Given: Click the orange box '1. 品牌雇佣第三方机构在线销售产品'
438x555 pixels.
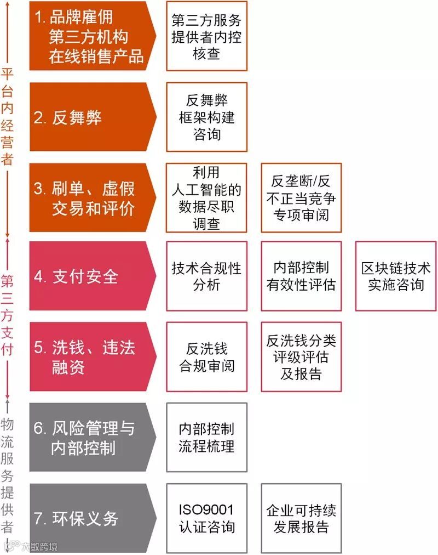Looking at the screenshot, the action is (x=90, y=36).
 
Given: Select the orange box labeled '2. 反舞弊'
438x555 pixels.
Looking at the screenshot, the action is (x=90, y=117).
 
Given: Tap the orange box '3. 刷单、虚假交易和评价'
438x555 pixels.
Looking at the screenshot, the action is (x=90, y=197).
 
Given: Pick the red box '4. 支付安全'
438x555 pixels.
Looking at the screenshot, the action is (x=90, y=276).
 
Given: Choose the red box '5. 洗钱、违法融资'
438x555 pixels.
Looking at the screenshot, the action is (x=90, y=356).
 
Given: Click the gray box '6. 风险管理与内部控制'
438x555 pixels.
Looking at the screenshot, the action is (x=90, y=437).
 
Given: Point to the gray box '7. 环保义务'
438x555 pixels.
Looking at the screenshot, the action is (x=90, y=518).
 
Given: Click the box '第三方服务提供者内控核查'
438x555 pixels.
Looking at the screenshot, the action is (x=206, y=36).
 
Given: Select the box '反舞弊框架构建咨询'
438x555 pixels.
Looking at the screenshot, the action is (x=206, y=117).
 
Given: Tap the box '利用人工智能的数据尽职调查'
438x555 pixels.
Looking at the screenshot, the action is (x=206, y=197).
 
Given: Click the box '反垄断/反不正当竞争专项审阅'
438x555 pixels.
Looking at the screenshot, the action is (x=301, y=197).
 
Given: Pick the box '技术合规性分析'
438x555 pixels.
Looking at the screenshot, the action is (x=206, y=276).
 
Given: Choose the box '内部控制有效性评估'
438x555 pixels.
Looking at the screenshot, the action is (x=301, y=276).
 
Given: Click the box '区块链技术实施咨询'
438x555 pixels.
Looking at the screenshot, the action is (x=395, y=276).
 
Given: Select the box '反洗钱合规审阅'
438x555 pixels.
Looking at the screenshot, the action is (x=206, y=356).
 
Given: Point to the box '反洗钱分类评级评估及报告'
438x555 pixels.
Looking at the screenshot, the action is (x=301, y=356).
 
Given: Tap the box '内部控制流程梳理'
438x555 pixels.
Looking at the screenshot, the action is (x=206, y=437).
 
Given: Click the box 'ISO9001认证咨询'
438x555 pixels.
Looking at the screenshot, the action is (x=206, y=518).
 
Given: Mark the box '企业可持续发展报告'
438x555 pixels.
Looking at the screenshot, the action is (x=301, y=518).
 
